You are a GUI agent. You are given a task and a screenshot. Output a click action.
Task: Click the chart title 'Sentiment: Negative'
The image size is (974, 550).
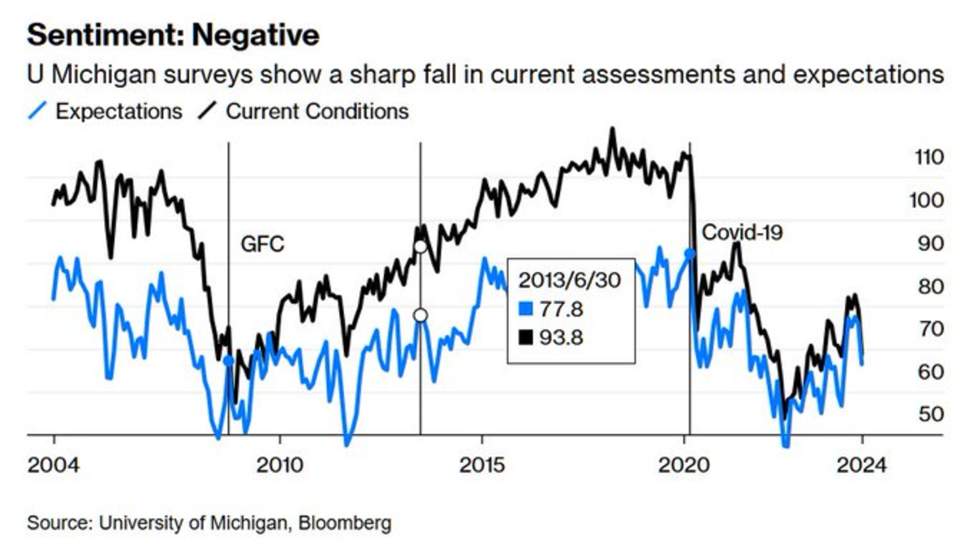pos(173,35)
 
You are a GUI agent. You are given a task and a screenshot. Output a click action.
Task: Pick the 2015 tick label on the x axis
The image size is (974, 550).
pos(482,466)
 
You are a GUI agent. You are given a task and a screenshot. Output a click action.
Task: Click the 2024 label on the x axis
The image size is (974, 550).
pos(862,466)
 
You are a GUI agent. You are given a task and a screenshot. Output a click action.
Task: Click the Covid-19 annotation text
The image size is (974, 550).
pos(742,233)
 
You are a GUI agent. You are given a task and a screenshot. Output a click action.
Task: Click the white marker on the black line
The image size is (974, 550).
pos(420,247)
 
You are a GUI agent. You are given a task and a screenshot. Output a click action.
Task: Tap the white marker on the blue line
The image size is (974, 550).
pos(420,316)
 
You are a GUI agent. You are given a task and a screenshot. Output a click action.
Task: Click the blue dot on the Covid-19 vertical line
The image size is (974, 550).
pos(690,254)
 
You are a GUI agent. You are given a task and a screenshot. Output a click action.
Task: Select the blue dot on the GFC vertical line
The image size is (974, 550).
pos(228,360)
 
